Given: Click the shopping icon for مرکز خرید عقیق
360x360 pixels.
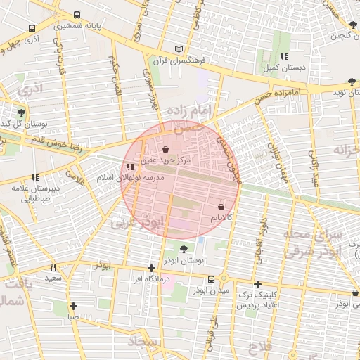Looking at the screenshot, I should point(165,150).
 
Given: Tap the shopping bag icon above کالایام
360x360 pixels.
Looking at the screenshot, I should point(221,207).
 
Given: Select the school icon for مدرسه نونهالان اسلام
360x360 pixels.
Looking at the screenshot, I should point(130,167).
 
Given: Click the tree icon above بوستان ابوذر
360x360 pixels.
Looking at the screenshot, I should point(184,249).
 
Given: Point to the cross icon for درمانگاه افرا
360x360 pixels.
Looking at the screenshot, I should point(152,268).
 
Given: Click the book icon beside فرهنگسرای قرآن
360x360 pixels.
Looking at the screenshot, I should point(179,49).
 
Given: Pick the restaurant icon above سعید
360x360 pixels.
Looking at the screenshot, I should point(53,268).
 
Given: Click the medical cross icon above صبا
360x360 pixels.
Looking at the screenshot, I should point(73,306).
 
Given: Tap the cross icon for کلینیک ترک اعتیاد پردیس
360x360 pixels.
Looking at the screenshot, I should point(258,283).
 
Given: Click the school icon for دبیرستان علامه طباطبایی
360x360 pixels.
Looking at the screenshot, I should point(34,177).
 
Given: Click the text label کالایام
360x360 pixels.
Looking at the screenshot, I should point(222,219).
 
